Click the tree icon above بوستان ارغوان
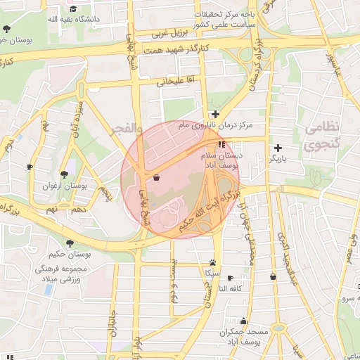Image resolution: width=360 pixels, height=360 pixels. coord(64,174)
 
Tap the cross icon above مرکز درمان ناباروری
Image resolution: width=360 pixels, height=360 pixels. coord(216,114)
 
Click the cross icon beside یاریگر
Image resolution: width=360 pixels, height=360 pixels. coord(278,148)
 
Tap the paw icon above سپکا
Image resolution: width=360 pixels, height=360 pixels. coord(212,261)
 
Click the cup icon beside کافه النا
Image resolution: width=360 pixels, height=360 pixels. coord(230,278)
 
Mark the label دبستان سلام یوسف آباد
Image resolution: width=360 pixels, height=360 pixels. coord(222,158)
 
